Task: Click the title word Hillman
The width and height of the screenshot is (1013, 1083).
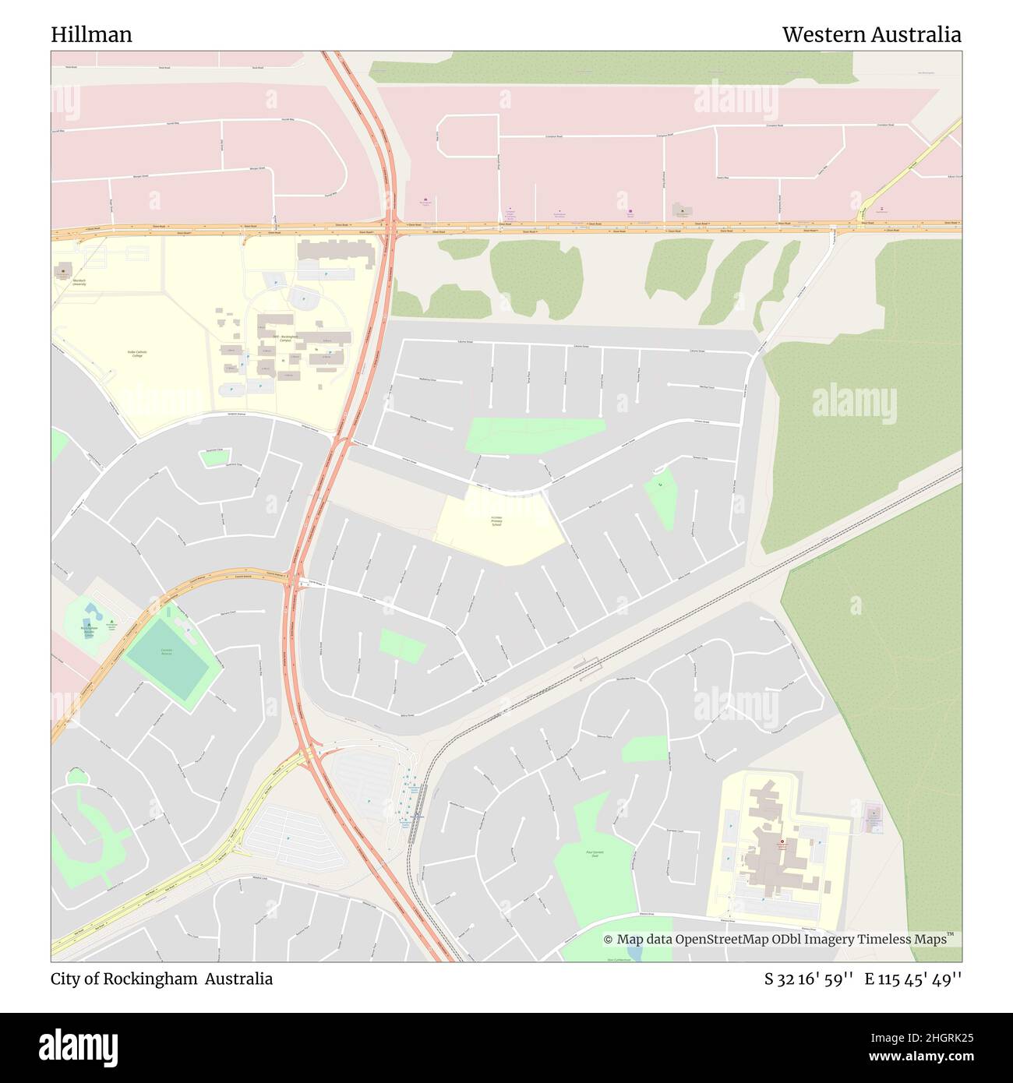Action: [91, 35]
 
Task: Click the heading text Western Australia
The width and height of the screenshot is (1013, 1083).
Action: [871, 35]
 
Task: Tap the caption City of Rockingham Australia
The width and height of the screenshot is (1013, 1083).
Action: [162, 979]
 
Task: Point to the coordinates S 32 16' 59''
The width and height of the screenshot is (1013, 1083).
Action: [810, 979]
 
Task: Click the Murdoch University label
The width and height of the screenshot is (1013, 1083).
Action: [79, 283]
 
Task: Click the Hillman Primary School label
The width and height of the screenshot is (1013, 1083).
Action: [496, 521]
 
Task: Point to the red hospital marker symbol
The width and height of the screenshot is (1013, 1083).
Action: [782, 841]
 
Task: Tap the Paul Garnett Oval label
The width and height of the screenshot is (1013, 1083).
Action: [594, 854]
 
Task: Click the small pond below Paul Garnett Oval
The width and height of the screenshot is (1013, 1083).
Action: [635, 952]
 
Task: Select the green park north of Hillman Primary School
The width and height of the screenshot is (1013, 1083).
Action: [535, 435]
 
